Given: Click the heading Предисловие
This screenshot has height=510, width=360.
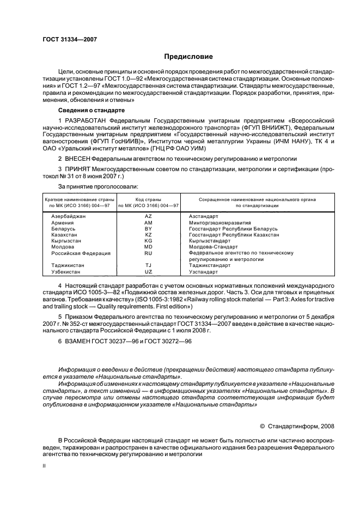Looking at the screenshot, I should [189, 56].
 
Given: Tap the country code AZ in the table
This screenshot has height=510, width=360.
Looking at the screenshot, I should [148, 216].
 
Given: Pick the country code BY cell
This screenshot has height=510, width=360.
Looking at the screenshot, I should [148, 228].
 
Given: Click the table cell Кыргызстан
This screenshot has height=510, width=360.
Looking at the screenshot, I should [69, 240].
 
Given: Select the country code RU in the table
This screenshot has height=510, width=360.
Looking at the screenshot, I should [148, 253].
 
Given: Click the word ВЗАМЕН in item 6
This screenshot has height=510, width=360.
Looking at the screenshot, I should [80, 341].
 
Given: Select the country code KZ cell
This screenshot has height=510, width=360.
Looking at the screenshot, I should [148, 234].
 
